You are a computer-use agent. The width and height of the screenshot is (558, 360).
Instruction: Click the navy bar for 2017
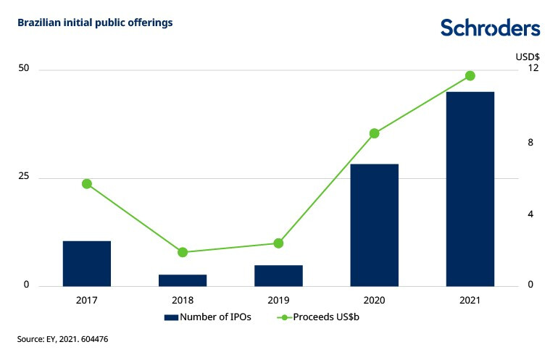[x=87, y=263]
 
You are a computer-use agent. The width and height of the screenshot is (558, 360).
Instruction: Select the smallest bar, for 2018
[x=183, y=280]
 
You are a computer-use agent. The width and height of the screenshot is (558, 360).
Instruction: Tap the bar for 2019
[x=278, y=275]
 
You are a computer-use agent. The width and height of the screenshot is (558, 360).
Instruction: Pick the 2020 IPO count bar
[x=374, y=225]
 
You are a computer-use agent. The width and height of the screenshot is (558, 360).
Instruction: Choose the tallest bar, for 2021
[x=470, y=188]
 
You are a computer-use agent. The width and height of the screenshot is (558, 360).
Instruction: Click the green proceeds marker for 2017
[x=87, y=184]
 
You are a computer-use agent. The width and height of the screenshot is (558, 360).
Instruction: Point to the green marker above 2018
[x=183, y=252]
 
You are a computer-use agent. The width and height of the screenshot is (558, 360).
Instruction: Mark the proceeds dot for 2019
[x=278, y=243]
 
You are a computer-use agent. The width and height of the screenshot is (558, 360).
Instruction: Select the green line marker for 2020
[x=374, y=133]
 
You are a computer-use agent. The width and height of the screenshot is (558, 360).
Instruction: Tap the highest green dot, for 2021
[x=470, y=76]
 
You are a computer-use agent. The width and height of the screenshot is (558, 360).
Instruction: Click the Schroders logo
[x=491, y=28]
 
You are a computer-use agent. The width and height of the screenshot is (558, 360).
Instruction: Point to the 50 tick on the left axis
[x=24, y=69]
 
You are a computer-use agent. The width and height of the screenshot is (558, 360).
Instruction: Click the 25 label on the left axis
[x=24, y=177]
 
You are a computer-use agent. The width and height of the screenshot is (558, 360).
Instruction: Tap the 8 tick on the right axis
[x=531, y=143]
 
